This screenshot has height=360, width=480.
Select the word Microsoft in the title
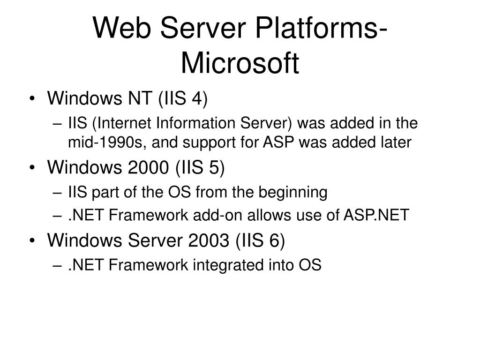point(240,64)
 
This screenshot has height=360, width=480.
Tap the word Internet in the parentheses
point(124,124)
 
